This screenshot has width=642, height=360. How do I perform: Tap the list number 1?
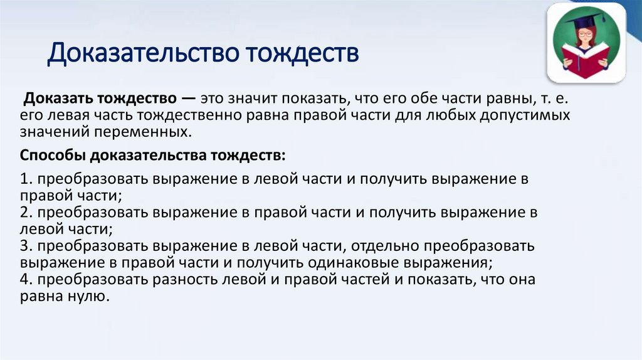(x=23, y=179)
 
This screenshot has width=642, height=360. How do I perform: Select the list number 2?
(x=24, y=212)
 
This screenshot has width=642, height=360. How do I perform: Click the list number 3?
(x=24, y=246)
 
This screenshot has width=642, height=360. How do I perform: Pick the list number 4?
(x=24, y=280)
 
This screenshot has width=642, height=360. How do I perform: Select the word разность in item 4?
(x=191, y=280)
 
